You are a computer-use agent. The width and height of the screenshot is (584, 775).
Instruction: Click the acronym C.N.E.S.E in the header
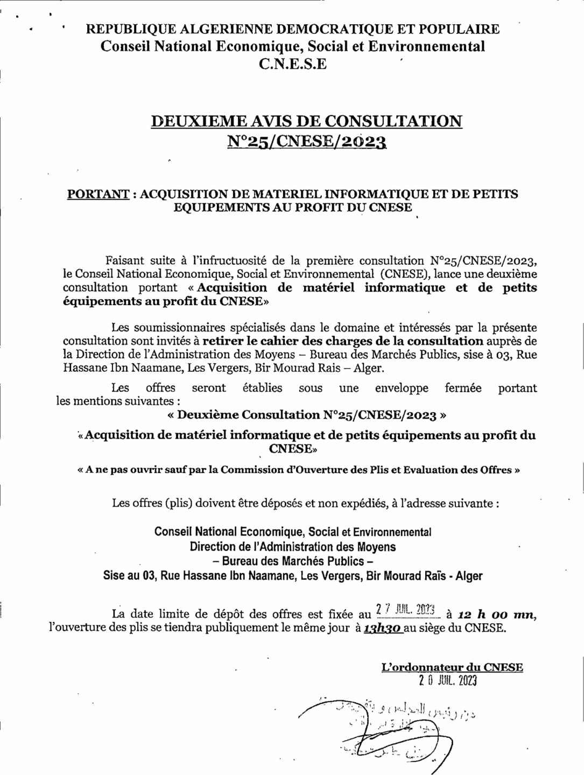coord(293,65)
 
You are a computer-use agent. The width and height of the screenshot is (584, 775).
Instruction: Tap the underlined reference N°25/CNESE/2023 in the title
coord(307,141)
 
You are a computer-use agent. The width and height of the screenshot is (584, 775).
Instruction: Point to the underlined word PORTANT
coord(97,194)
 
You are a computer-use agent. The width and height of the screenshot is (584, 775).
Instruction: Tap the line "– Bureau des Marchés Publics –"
coord(293,561)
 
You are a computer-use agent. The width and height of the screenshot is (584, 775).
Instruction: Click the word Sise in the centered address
coord(114,576)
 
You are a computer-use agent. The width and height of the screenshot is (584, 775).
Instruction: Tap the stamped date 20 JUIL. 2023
coord(447,681)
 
